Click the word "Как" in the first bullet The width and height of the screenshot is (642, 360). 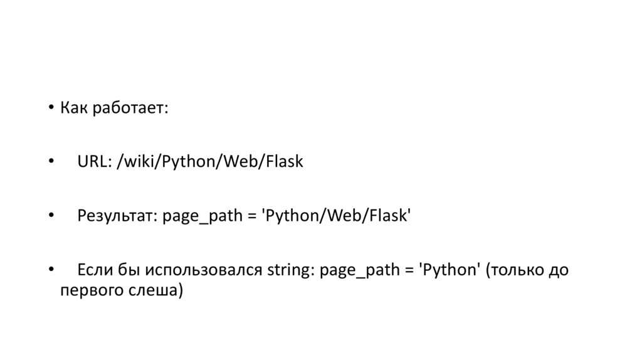74,108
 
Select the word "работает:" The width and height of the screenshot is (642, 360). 130,109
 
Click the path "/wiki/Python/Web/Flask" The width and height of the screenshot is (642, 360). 209,162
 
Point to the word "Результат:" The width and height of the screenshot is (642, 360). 117,216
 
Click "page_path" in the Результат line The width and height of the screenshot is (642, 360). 201,217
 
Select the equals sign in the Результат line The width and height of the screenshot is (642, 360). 250,217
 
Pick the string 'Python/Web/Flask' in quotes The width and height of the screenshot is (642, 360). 337,216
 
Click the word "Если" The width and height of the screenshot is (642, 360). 95,270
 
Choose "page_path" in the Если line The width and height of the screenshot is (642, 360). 358,271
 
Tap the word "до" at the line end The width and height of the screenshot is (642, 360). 557,270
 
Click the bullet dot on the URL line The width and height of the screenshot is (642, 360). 51,162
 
